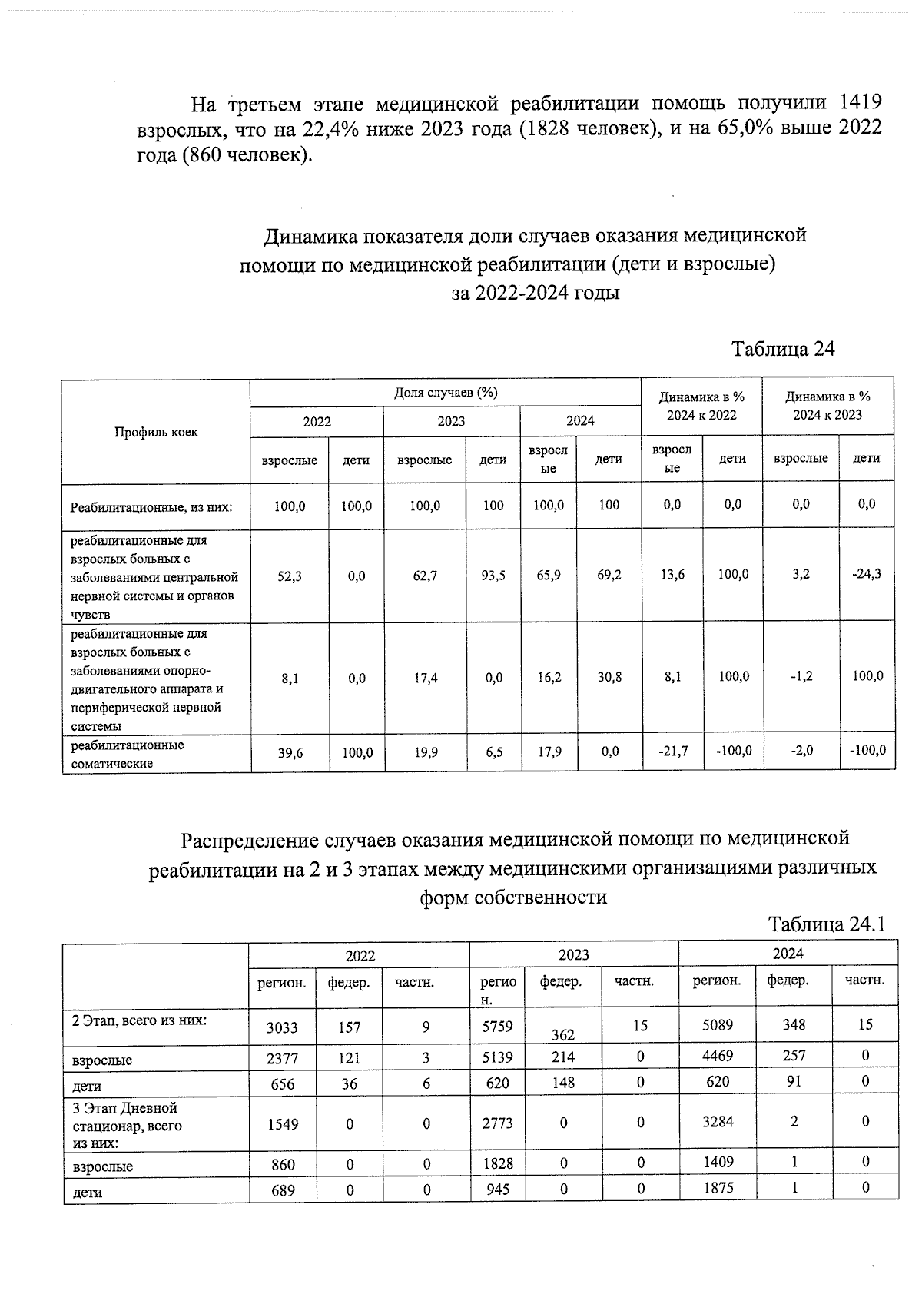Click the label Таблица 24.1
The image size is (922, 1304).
point(827,924)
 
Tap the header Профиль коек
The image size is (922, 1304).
point(156,432)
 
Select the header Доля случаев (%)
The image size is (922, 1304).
point(446,393)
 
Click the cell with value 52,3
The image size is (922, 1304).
point(290,575)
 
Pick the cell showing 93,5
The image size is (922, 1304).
point(493,575)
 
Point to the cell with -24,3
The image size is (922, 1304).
point(866,574)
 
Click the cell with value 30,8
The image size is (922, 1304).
point(609,678)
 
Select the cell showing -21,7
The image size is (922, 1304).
point(672,752)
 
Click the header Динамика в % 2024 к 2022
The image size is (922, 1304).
point(701,406)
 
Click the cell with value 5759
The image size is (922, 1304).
point(497,1025)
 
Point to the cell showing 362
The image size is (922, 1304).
point(563,1035)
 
